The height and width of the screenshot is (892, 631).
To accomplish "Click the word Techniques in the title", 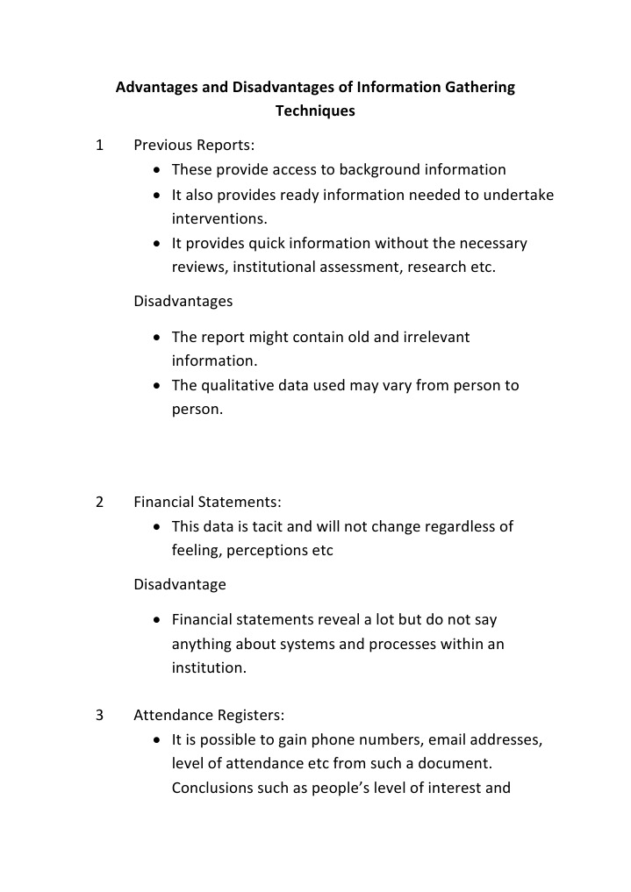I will click(x=315, y=111).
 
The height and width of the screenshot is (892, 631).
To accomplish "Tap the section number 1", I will click(x=99, y=146).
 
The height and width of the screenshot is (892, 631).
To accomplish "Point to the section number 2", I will click(x=99, y=503).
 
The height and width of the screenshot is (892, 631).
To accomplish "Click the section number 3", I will click(x=99, y=715).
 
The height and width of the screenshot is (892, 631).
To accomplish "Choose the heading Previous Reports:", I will click(x=194, y=146).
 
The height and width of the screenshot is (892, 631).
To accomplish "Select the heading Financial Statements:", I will click(x=207, y=503).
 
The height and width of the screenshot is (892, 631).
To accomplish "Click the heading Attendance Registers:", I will click(x=209, y=715).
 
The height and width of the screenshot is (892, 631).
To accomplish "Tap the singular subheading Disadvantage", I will click(x=179, y=584).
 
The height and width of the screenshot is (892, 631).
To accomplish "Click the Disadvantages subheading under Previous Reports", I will click(x=183, y=301).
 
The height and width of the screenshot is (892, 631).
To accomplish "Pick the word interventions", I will click(x=219, y=218).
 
